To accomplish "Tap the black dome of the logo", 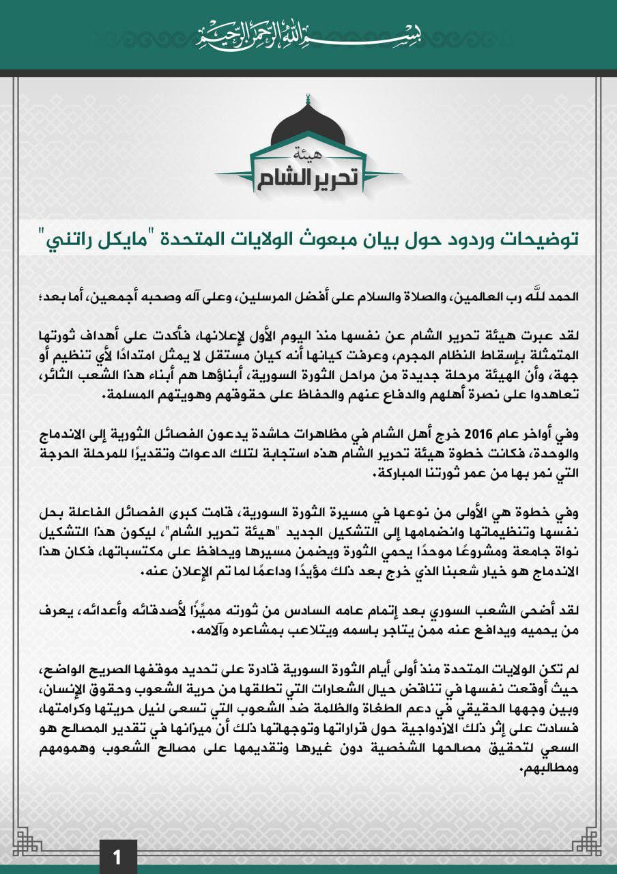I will tap(308, 126).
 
